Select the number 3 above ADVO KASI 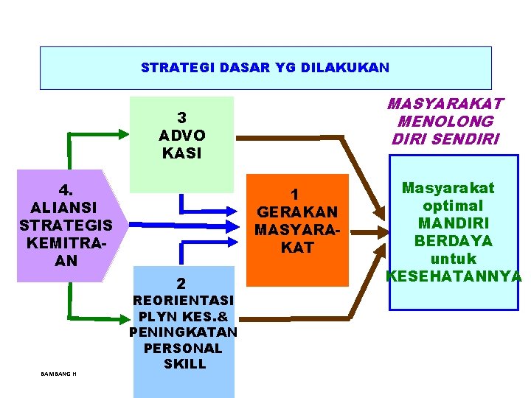[x=181, y=118]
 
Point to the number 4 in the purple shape [x=66, y=189]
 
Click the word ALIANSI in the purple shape [x=66, y=206]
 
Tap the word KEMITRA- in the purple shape [x=66, y=242]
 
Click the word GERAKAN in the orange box [x=296, y=212]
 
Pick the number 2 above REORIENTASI [x=181, y=282]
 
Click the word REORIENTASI [x=183, y=301]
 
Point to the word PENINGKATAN [x=183, y=332]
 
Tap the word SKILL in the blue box [x=184, y=364]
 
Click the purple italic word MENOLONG [x=445, y=122]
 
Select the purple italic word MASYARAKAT [x=445, y=104]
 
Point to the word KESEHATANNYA [x=454, y=276]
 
